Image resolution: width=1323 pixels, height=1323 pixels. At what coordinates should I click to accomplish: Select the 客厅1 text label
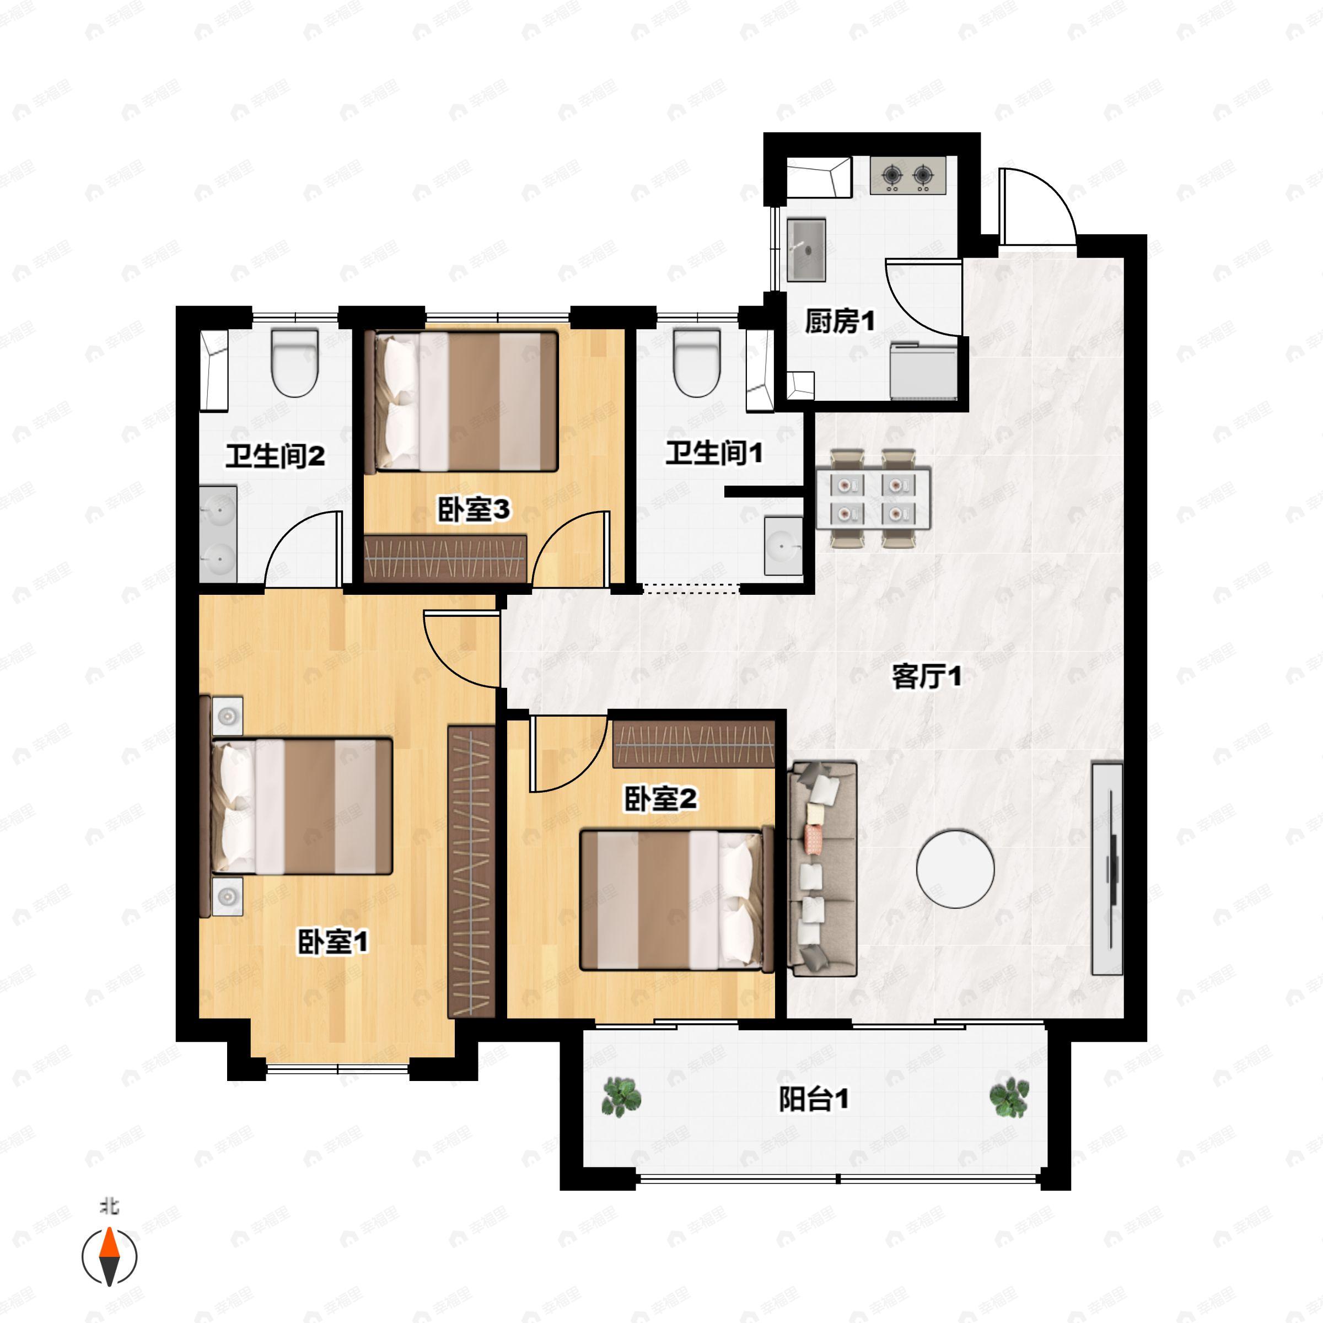point(927,676)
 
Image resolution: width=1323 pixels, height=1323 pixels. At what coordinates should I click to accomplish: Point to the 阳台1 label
point(814,1099)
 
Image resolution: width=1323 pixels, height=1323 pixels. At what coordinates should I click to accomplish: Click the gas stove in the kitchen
point(908,175)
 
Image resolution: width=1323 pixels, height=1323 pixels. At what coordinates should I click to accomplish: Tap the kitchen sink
point(806,250)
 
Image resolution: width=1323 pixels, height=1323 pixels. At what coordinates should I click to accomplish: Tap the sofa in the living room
point(822,869)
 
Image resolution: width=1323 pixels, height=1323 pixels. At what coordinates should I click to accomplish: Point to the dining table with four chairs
point(873,498)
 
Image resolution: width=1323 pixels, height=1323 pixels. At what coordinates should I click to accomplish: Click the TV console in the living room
point(1107,868)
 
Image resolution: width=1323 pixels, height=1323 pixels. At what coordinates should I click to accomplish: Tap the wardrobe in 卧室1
point(471,871)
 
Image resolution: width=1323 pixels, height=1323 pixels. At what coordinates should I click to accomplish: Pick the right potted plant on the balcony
point(1009,1097)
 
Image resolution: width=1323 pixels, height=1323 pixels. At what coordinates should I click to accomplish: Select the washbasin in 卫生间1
point(783,546)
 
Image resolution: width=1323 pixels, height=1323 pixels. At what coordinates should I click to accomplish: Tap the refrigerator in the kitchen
point(923,370)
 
